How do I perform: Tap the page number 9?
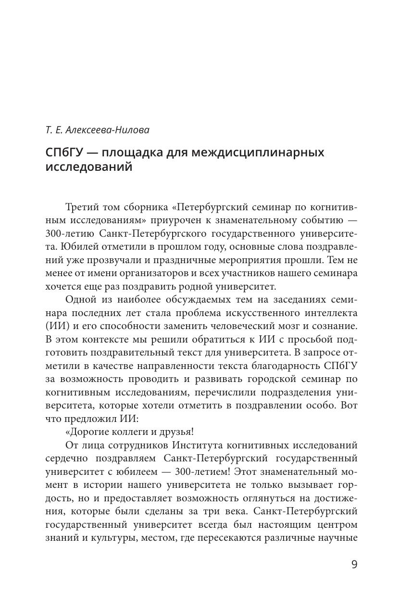[354, 564]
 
